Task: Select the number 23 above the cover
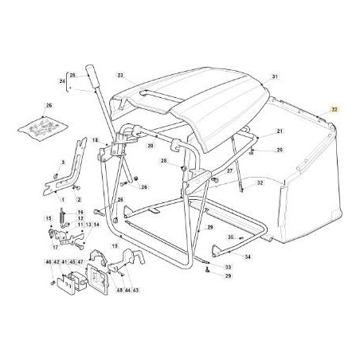pos(121,76)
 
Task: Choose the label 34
pos(248,257)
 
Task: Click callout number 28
pos(162,161)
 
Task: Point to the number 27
pos(229,171)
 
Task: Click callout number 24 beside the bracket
pos(63,81)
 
